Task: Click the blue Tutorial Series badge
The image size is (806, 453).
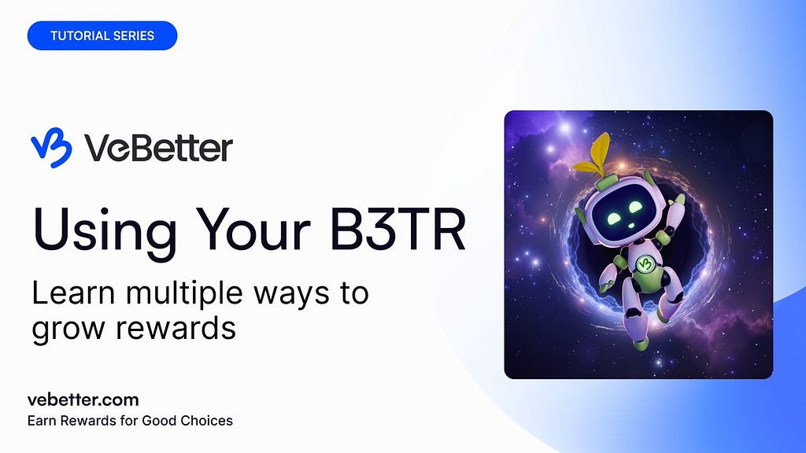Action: (x=102, y=35)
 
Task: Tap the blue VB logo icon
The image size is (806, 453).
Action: (x=51, y=148)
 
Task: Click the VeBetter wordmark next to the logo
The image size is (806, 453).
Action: (x=159, y=148)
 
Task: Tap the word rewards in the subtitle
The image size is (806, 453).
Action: (x=176, y=329)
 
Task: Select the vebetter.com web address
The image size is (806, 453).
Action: (x=83, y=400)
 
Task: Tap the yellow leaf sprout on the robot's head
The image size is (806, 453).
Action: (x=594, y=155)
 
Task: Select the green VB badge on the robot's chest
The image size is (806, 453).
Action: (x=645, y=264)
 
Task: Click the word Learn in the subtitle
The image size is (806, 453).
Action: (x=73, y=293)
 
